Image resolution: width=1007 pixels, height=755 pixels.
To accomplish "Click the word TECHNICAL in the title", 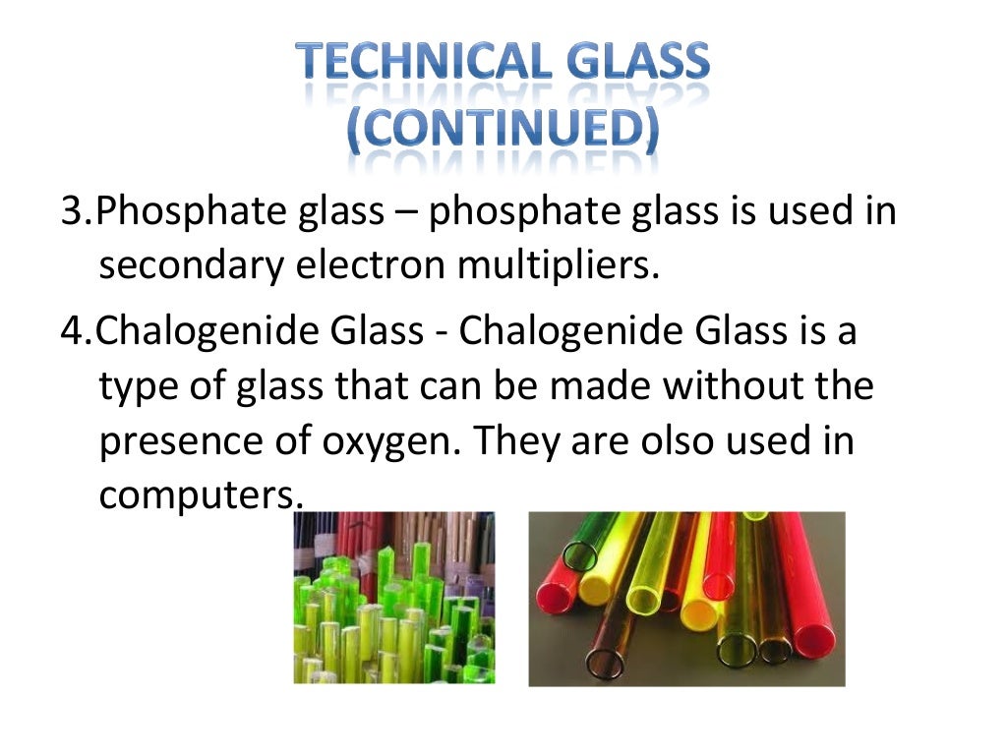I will [x=406, y=64].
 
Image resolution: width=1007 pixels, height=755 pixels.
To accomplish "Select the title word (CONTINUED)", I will [x=503, y=130].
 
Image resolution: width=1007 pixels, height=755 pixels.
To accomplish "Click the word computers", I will [x=196, y=495].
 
